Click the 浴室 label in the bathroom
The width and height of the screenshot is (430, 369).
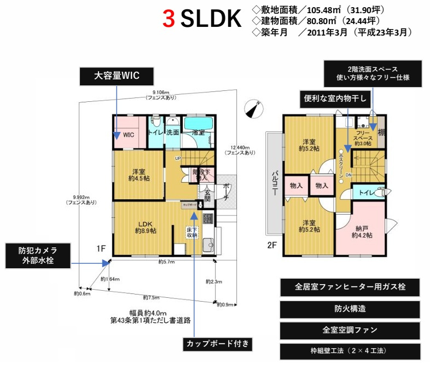[198, 132]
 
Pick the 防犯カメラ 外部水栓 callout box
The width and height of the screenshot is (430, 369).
[38, 256]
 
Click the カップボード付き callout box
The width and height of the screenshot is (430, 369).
[218, 344]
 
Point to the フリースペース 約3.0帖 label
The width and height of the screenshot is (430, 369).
[363, 137]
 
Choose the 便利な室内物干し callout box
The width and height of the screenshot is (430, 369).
[337, 99]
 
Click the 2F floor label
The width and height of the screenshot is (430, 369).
[272, 245]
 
